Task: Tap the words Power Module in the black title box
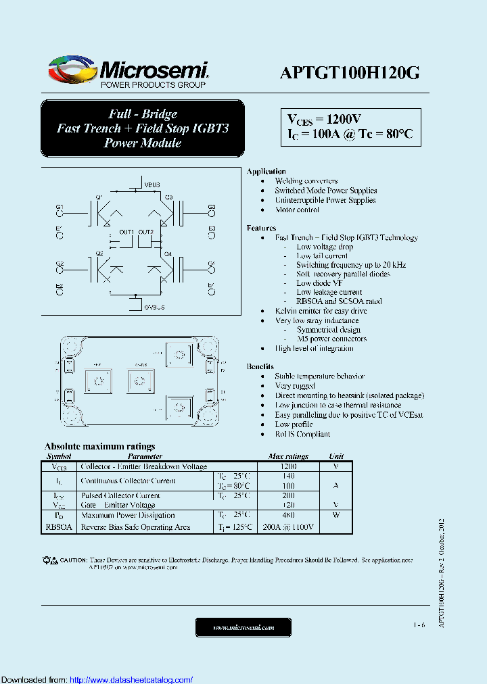(x=142, y=143)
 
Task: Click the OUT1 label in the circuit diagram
(x=126, y=232)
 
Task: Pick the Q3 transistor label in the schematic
(x=169, y=197)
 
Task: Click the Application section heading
(x=266, y=172)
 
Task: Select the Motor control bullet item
(x=297, y=210)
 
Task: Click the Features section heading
(x=261, y=228)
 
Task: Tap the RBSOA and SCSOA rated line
(x=339, y=301)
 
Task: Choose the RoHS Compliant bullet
(x=302, y=434)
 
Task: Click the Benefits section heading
(x=260, y=366)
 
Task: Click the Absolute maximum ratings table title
(x=99, y=446)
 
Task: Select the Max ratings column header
(x=288, y=456)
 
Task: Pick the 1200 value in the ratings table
(x=288, y=466)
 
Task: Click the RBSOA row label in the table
(x=59, y=527)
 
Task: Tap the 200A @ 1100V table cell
(x=288, y=527)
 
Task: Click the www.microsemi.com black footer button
(x=243, y=627)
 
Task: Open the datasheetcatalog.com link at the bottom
(x=131, y=679)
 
